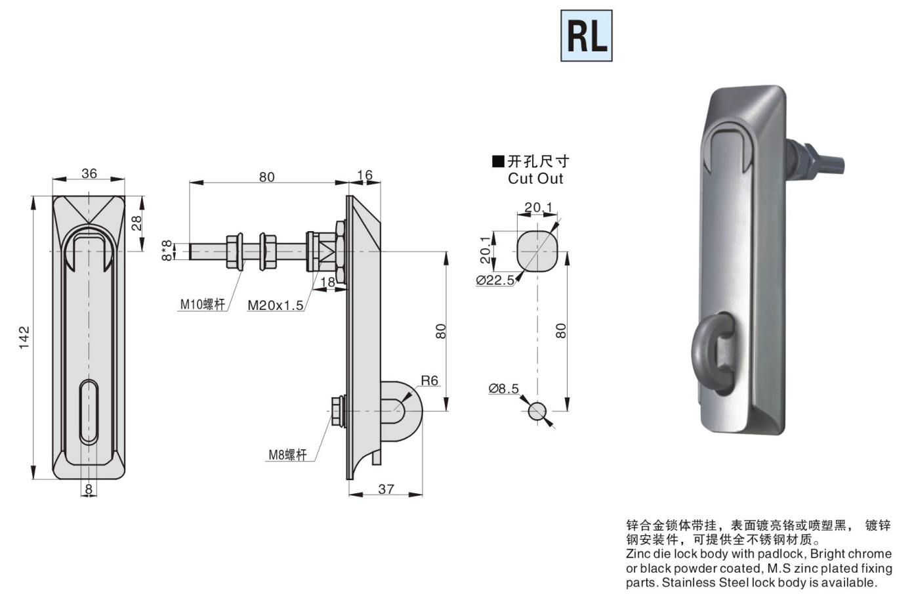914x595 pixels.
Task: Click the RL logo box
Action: tap(587, 36)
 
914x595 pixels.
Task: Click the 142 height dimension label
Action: tap(24, 338)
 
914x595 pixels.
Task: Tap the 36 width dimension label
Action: tap(89, 173)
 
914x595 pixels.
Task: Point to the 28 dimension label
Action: tap(136, 223)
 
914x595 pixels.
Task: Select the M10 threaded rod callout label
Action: tap(202, 304)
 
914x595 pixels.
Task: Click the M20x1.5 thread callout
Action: tap(276, 305)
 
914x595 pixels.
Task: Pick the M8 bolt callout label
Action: tap(287, 454)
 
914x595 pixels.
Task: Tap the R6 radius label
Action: tap(429, 381)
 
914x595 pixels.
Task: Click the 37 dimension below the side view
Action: tap(386, 489)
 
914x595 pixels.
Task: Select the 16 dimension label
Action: tap(365, 175)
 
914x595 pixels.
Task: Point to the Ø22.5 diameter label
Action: tap(495, 280)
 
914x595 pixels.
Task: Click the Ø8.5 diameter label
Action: tap(503, 388)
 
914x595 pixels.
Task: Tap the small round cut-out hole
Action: tap(537, 411)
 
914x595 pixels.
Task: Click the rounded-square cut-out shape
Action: tap(537, 251)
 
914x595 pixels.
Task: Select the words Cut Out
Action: tap(535, 179)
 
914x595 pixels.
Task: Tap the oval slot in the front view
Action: tap(89, 412)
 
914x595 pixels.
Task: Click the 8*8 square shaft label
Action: tap(167, 250)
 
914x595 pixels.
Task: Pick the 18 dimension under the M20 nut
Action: tap(327, 282)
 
